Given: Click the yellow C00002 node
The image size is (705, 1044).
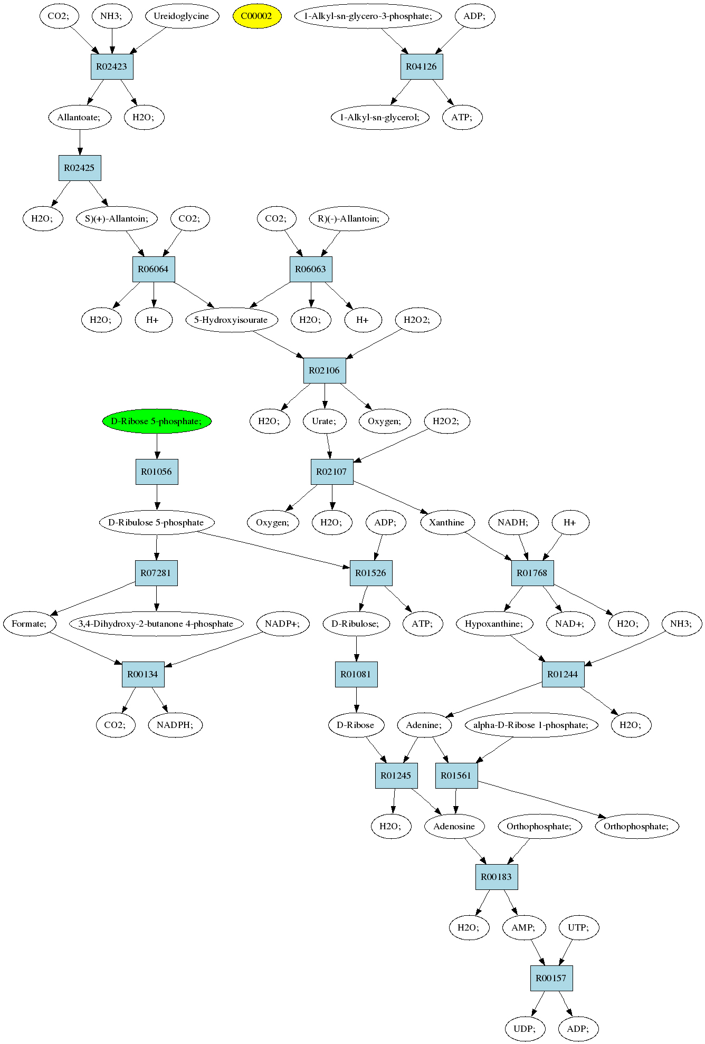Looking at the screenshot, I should (x=257, y=16).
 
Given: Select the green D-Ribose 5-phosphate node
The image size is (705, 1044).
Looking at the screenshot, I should (x=157, y=421).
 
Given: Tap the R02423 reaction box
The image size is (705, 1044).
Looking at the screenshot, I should (x=112, y=66).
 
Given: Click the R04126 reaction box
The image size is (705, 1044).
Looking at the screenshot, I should (x=422, y=66).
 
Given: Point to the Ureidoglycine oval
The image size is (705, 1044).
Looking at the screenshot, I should (x=181, y=16).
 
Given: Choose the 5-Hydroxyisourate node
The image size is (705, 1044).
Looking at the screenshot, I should (x=231, y=320).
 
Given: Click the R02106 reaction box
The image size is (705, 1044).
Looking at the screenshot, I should (x=325, y=370).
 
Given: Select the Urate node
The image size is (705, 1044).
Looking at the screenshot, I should (x=325, y=421).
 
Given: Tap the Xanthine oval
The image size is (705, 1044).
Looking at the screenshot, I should (x=447, y=522).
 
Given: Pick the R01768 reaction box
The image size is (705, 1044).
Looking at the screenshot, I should (x=532, y=573).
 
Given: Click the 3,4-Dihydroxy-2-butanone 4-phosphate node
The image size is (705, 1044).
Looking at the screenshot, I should (x=156, y=624).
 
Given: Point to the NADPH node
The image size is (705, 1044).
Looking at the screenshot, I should (x=175, y=725).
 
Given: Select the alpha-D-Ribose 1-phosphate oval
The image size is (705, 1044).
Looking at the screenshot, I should (x=531, y=725).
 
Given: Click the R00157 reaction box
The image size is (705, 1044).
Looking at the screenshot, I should (x=551, y=978).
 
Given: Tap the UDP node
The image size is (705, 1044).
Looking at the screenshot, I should (x=525, y=1029).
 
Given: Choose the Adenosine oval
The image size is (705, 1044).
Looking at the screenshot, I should (x=454, y=826).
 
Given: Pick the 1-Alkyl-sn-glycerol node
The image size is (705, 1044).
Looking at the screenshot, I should (x=380, y=117).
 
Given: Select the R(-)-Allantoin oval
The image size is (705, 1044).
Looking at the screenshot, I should (x=349, y=218).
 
